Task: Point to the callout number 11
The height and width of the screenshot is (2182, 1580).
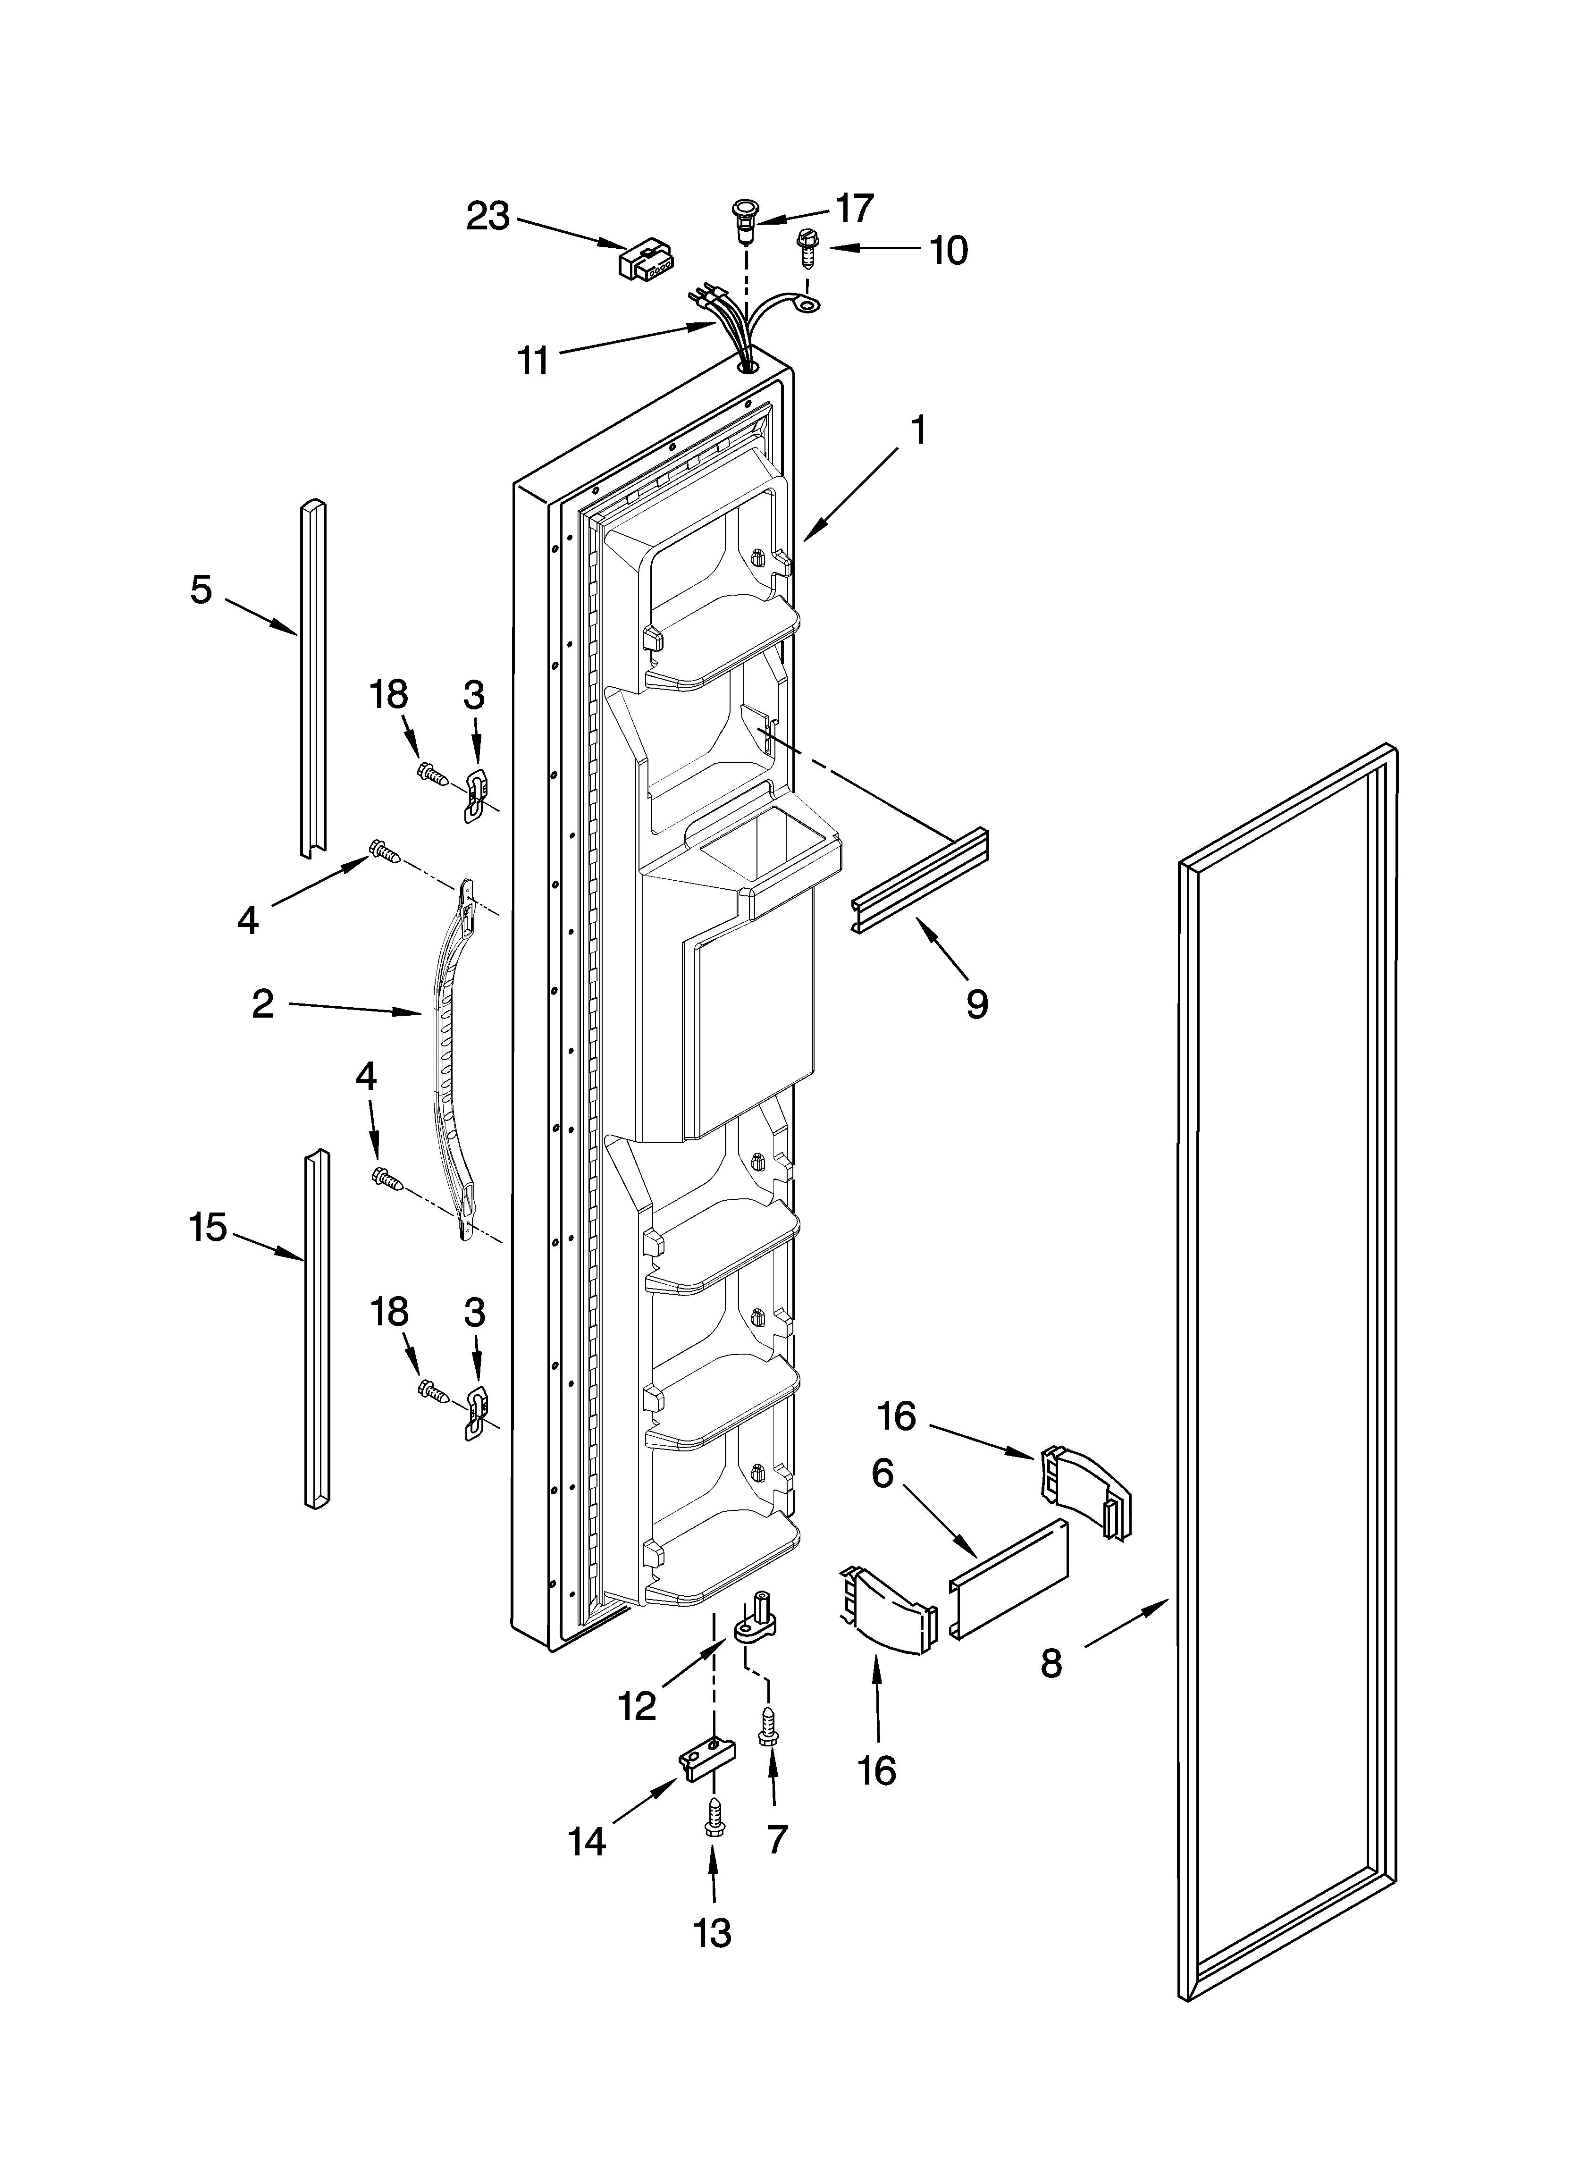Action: [532, 361]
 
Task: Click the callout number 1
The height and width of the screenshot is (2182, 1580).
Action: [919, 430]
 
